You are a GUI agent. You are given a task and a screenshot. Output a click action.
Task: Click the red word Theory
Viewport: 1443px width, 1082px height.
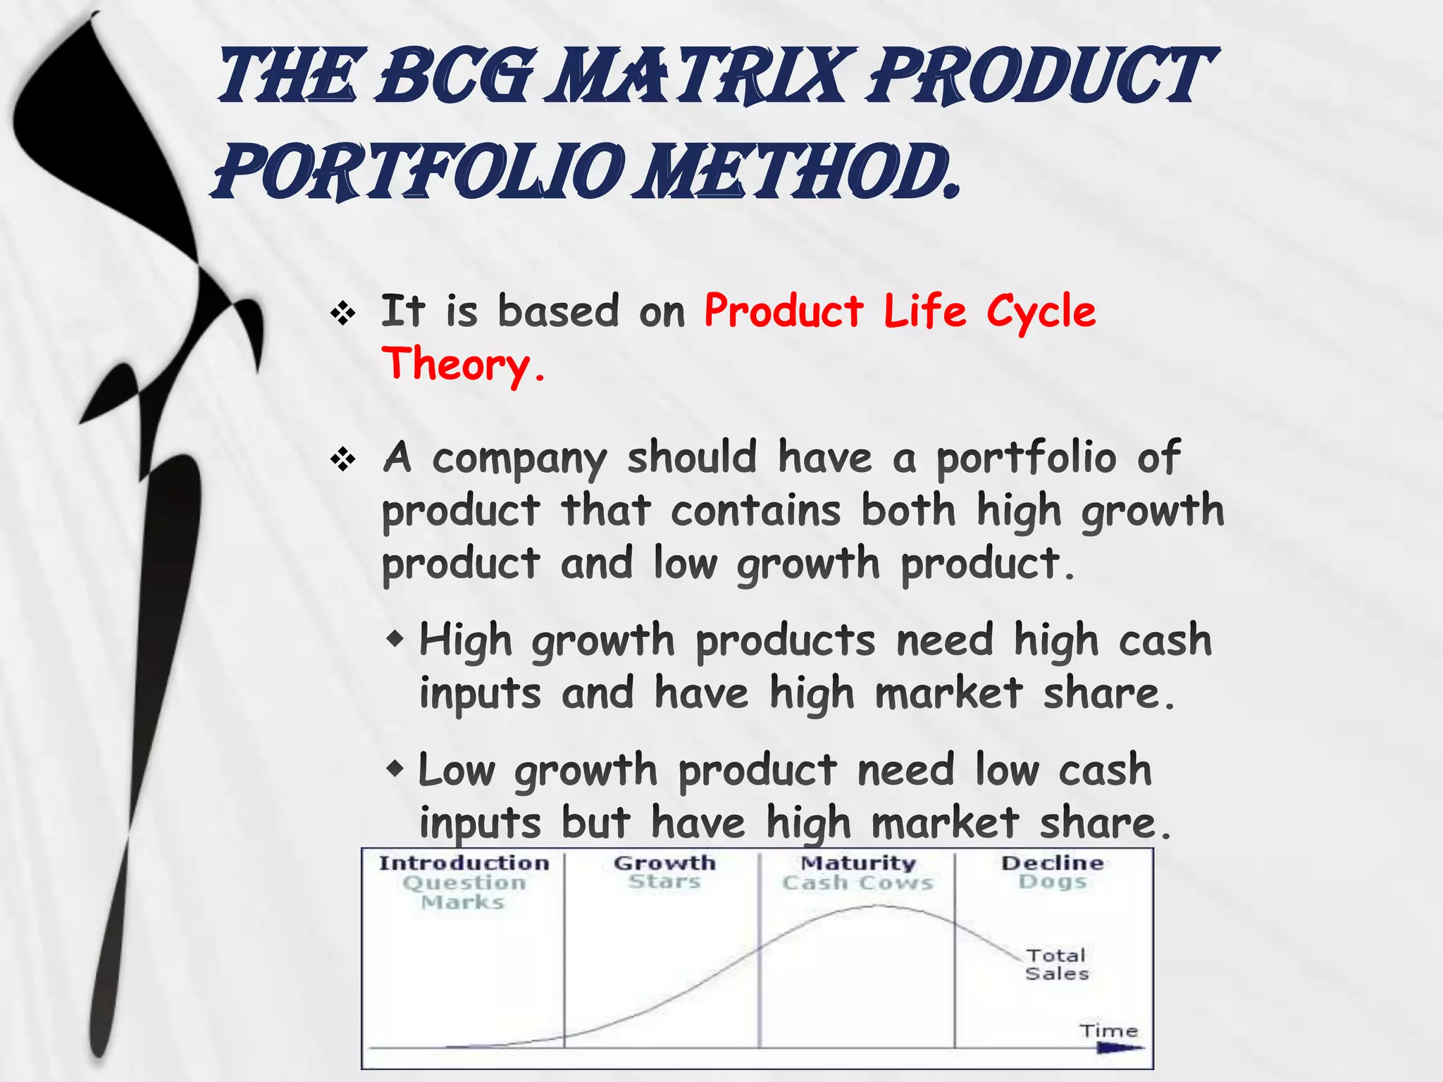(x=463, y=365)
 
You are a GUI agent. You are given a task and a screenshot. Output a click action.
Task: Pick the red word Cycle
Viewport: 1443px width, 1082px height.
(x=1041, y=312)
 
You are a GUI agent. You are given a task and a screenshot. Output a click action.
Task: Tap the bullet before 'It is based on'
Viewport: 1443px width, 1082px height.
(x=343, y=313)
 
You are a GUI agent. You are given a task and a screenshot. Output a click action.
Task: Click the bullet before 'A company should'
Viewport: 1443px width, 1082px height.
(x=343, y=459)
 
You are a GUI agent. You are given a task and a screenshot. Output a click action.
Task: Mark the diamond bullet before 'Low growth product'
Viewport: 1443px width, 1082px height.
(x=396, y=769)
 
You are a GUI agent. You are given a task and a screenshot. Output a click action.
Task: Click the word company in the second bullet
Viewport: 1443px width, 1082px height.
(x=519, y=459)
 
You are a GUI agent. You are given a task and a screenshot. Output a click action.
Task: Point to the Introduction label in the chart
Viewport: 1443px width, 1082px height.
(x=464, y=863)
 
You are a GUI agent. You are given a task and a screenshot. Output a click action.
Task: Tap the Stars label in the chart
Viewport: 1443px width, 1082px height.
(x=664, y=882)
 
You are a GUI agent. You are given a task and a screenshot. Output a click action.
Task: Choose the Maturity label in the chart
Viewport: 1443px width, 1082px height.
(x=858, y=863)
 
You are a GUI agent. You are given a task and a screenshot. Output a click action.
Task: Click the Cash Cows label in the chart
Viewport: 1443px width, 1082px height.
(x=857, y=883)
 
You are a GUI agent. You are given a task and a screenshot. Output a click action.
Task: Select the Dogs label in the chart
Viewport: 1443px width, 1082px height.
(x=1053, y=882)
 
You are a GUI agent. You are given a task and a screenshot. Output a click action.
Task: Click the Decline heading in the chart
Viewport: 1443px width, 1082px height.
(x=1053, y=863)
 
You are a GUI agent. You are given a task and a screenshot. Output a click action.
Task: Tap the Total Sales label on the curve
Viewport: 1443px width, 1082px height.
(x=1056, y=964)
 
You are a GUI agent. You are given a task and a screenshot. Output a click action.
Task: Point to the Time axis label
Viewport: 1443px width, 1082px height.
(x=1108, y=1031)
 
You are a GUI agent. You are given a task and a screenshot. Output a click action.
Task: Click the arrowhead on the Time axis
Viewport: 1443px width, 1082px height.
(x=1120, y=1048)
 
